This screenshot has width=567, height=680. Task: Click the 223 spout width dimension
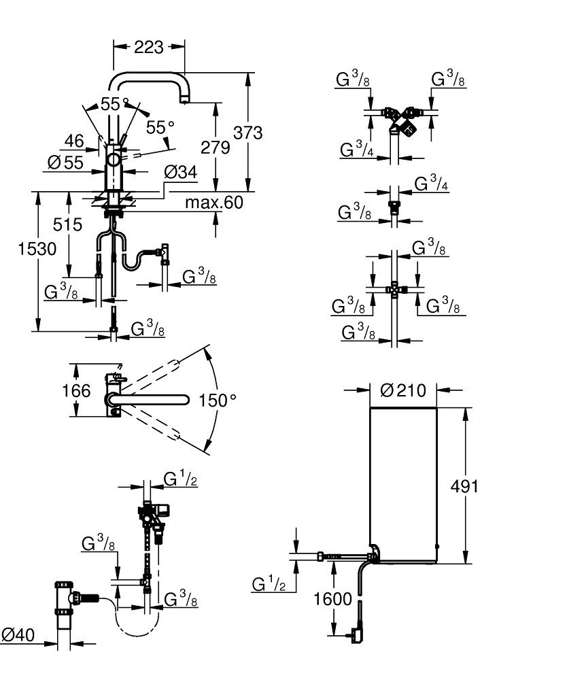coord(149,46)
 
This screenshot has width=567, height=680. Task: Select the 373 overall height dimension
coord(247,133)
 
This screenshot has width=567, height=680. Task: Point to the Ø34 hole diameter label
coord(180,173)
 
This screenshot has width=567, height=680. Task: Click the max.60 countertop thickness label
coord(213,203)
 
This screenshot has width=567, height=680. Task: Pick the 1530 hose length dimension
coord(37,249)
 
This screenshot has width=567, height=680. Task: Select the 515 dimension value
coord(69,224)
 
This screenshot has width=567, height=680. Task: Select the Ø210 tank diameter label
coord(402,390)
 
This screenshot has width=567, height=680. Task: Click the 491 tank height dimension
coord(466,486)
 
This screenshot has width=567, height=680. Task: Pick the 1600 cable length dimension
coord(334,599)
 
